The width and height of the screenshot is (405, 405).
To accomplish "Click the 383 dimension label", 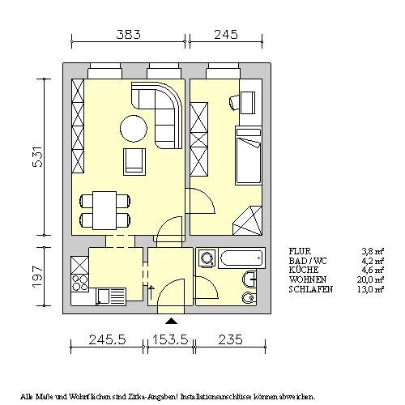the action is coord(129,35).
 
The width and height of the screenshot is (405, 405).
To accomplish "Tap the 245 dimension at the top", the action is coord(226,35).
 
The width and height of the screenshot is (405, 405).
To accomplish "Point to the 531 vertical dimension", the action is coord(37,156).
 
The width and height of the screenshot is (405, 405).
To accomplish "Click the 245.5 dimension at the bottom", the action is coord(107,339).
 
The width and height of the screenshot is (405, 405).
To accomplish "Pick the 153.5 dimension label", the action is coord(170,339).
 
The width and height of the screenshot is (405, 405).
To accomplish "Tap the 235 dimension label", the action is coord(230,339).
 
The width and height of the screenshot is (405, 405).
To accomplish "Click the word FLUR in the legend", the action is coord(300,251).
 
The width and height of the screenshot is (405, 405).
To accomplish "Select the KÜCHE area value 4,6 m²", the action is coord(373,270).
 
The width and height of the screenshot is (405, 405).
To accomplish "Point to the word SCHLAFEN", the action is coord(311,289).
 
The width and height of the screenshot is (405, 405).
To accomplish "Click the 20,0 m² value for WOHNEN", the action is coord(370,279).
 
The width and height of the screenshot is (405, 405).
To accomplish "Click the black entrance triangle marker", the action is coord(172,321).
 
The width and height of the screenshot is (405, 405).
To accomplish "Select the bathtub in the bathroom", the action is coord(241,258).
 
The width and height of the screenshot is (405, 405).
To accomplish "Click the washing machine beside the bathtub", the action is coord(207,258).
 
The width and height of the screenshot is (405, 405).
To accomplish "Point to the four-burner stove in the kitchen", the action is coord(80,283).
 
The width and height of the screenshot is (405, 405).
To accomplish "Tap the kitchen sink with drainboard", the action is coord(111,296).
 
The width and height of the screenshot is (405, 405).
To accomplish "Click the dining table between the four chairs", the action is coord(104,211).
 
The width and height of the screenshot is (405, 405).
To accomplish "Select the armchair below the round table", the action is coord(134,162).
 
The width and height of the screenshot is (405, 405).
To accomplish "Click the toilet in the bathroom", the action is coord(248,297).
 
